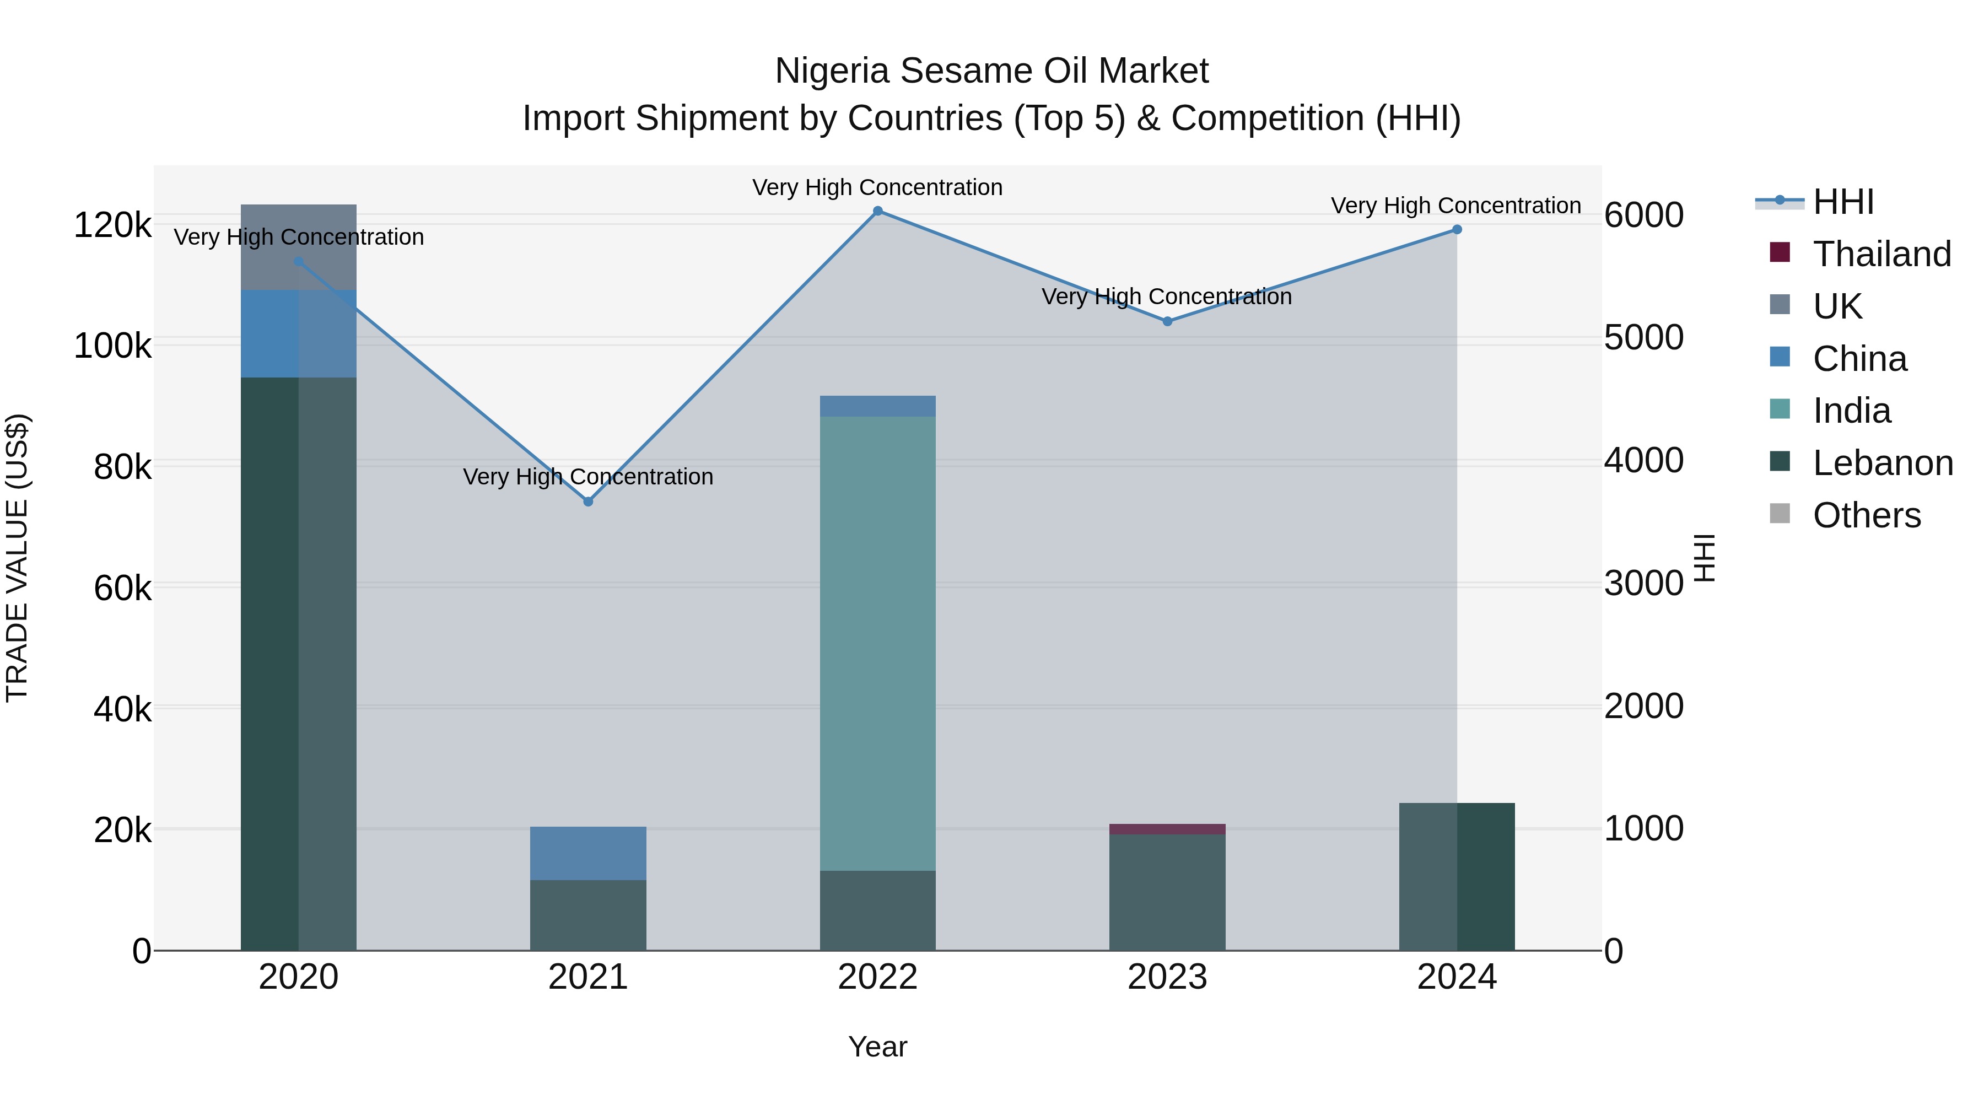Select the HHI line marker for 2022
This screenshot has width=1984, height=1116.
click(x=877, y=211)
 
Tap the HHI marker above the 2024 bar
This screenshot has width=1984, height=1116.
click(x=1457, y=229)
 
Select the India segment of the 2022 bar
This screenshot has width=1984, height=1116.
click(x=877, y=643)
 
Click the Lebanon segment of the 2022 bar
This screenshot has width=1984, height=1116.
click(x=877, y=910)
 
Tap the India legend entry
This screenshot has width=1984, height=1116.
click(x=1852, y=411)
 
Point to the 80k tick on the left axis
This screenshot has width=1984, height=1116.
click(x=122, y=467)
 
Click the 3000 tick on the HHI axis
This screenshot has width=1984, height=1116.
click(x=1643, y=583)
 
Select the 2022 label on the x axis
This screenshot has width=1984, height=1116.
click(x=877, y=977)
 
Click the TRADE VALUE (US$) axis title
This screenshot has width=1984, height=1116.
click(x=17, y=558)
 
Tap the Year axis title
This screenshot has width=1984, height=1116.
click(x=877, y=1047)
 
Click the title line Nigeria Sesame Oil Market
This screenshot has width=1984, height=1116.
click(x=991, y=71)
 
